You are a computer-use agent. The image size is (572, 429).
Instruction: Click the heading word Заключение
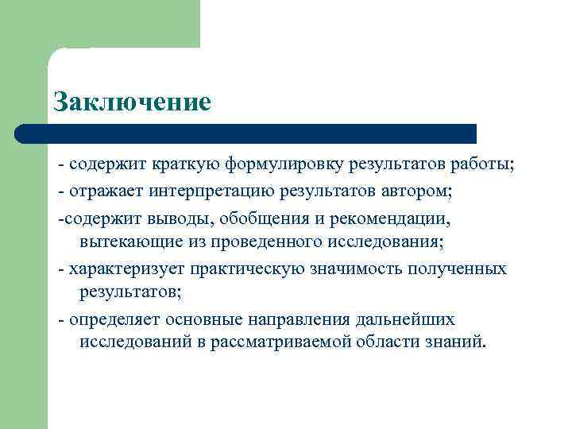pos(132,102)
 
